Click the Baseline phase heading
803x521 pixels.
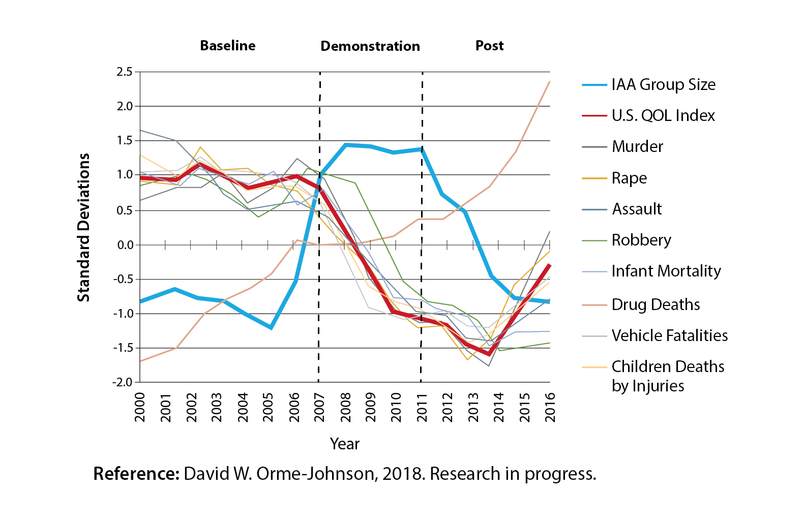click(x=227, y=46)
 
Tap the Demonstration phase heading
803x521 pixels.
click(x=370, y=46)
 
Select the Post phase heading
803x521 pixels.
click(x=489, y=46)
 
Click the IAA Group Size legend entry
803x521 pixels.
click(x=663, y=84)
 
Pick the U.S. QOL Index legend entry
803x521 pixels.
click(x=663, y=116)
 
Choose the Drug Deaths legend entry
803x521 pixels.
click(x=656, y=304)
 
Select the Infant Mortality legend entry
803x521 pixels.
click(x=666, y=271)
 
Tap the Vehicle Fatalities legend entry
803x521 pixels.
click(x=669, y=335)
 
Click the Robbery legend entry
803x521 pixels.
click(x=641, y=240)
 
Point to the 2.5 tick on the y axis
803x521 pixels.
click(x=124, y=72)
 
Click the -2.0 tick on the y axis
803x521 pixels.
click(x=122, y=382)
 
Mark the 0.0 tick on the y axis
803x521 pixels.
click(x=125, y=245)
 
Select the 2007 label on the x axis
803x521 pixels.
click(x=319, y=407)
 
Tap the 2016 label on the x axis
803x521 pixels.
click(x=550, y=407)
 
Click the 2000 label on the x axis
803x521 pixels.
click(x=140, y=407)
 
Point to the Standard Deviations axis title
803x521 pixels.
click(x=83, y=227)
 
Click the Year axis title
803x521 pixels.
click(x=344, y=444)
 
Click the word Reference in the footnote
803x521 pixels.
click(x=136, y=474)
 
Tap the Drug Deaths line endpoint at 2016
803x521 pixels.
click(x=549, y=82)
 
